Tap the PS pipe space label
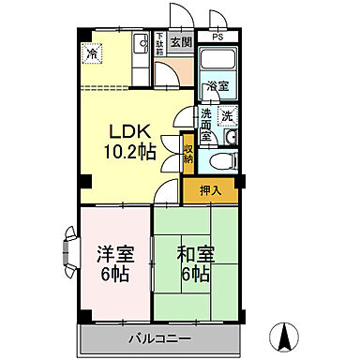[x=217, y=38]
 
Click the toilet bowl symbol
[x=219, y=161]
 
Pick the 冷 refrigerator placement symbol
[x=91, y=53]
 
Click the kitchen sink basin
[x=140, y=43]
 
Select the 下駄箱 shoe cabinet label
[x=160, y=44]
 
